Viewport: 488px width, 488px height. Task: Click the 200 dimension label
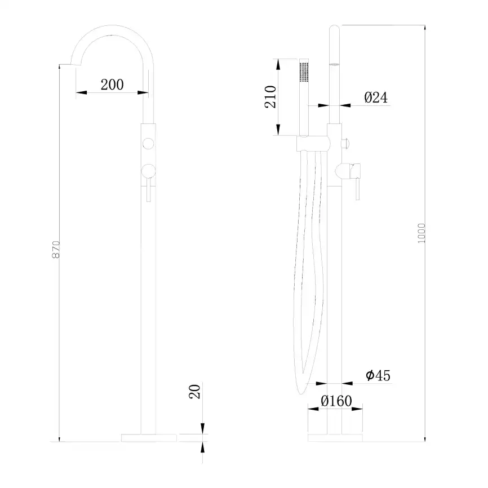click(112, 85)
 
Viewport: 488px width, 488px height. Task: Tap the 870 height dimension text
click(55, 249)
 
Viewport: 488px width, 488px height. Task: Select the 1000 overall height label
click(421, 233)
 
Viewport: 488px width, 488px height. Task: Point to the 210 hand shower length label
click(270, 97)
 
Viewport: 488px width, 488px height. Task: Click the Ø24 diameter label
click(376, 97)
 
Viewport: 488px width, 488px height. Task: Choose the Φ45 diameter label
click(378, 375)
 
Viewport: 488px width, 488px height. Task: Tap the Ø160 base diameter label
click(336, 401)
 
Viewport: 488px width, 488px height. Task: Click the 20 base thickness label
click(194, 392)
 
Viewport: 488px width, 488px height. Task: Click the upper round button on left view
click(148, 144)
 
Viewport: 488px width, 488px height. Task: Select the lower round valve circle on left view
click(148, 171)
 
